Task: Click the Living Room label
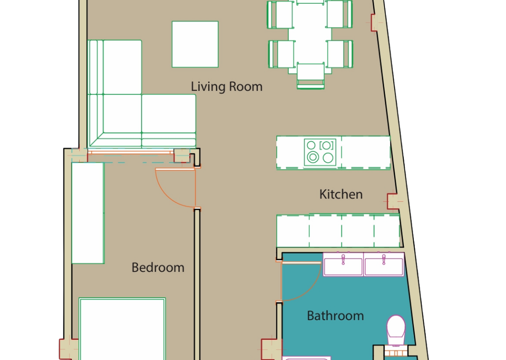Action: [x=226, y=87]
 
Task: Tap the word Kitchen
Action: [x=341, y=194]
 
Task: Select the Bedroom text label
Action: [x=158, y=268]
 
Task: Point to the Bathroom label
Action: [x=335, y=316]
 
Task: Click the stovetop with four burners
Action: [x=320, y=152]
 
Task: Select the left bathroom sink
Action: [x=343, y=265]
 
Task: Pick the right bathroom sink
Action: [x=384, y=265]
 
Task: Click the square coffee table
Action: [x=195, y=44]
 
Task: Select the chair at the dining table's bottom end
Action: [x=310, y=76]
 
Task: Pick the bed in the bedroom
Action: [x=122, y=329]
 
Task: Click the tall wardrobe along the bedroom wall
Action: [x=88, y=213]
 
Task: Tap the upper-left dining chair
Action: [x=280, y=15]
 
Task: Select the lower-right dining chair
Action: [x=340, y=54]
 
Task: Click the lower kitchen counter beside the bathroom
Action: [x=338, y=231]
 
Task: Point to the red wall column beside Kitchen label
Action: [x=392, y=201]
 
